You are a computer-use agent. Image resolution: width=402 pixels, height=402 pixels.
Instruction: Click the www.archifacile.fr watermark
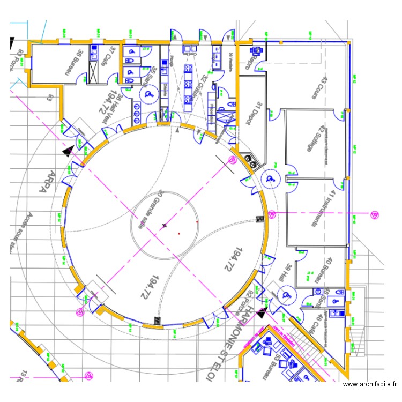370,384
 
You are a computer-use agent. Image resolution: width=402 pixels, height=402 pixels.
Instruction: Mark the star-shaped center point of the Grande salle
165,226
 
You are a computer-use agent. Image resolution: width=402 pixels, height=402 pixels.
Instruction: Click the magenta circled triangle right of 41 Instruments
373,214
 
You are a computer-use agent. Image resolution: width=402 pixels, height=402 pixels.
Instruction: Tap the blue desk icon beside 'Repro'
256,50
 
